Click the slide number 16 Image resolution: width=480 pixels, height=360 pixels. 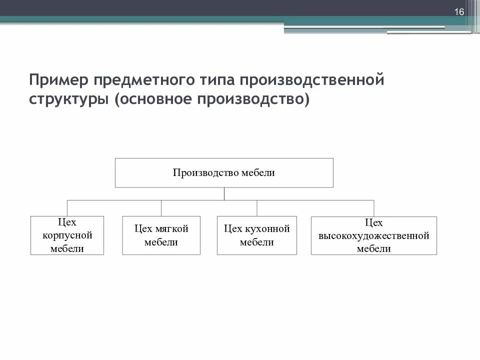click(x=459, y=12)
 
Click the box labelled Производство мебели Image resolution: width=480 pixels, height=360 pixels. click(x=224, y=173)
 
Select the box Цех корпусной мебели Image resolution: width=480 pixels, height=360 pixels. click(x=67, y=235)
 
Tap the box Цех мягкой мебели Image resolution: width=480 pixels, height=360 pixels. click(x=161, y=235)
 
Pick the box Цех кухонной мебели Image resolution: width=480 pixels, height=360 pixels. click(x=257, y=235)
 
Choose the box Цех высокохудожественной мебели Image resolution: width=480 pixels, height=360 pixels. click(x=373, y=235)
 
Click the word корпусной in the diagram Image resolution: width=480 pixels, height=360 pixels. click(x=67, y=235)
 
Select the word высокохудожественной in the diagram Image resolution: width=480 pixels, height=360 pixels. click(x=373, y=235)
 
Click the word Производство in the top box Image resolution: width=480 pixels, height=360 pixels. click(x=206, y=173)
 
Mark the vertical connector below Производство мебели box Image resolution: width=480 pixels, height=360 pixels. click(x=224, y=194)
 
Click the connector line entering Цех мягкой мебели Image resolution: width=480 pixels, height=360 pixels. click(x=161, y=208)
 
